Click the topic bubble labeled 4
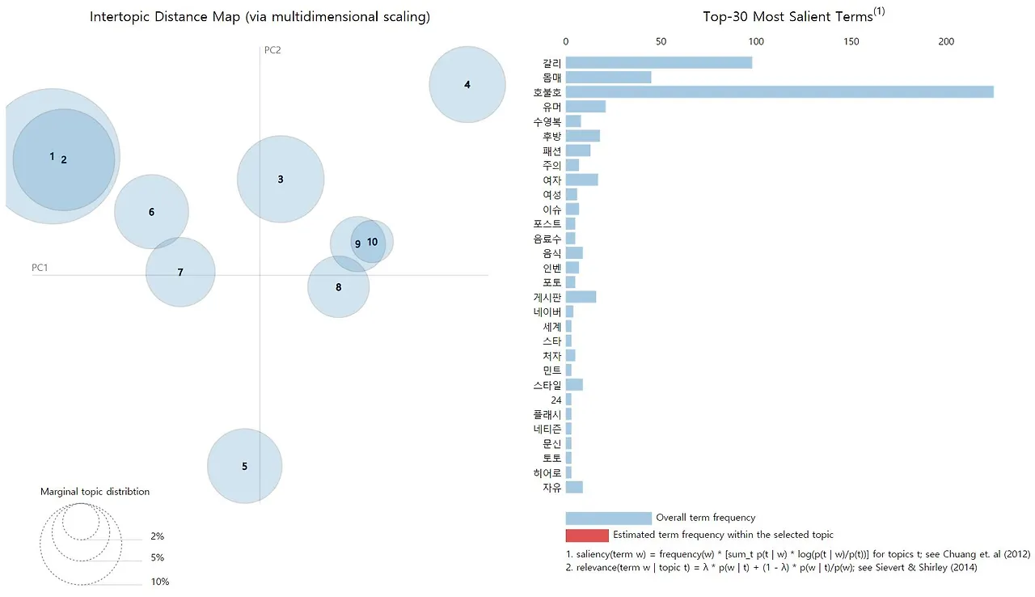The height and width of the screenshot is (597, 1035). [x=467, y=84]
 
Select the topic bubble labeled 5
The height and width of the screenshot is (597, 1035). [x=244, y=466]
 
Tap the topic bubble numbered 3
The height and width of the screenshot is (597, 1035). [x=280, y=179]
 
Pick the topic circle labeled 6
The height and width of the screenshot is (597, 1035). [x=151, y=212]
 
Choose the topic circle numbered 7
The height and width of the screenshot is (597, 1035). [x=180, y=272]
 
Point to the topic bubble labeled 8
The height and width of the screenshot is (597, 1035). [x=338, y=287]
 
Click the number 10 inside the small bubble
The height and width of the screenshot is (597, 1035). [x=372, y=241]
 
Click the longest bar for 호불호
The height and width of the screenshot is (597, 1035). [x=779, y=91]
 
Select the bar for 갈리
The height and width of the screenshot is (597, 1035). [x=658, y=62]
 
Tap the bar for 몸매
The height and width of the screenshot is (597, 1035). [x=608, y=77]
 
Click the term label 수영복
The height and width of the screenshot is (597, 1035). [x=547, y=121]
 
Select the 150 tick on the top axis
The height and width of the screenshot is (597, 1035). [x=851, y=41]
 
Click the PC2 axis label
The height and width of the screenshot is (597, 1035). [x=272, y=50]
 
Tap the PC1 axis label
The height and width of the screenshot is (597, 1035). [x=40, y=267]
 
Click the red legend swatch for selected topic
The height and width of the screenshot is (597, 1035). [x=586, y=535]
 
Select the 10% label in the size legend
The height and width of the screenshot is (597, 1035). [x=159, y=582]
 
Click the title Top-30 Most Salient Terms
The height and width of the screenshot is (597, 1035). [x=788, y=17]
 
